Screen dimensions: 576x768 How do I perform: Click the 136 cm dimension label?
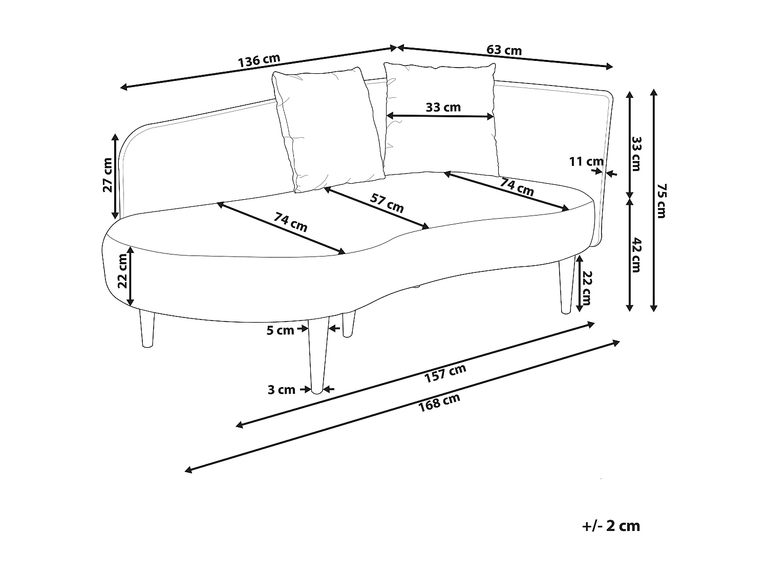click(x=259, y=60)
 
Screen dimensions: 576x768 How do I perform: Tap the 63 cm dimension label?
click(x=504, y=50)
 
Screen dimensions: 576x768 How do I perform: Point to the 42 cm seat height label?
click(x=636, y=254)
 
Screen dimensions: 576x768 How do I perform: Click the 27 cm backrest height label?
click(x=108, y=175)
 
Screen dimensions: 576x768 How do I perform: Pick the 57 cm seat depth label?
click(x=387, y=203)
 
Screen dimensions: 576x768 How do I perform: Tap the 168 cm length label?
click(x=439, y=402)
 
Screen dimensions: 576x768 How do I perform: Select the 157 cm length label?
click(x=445, y=373)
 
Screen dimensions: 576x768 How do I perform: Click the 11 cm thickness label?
click(x=586, y=162)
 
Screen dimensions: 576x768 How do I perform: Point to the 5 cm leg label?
click(x=280, y=330)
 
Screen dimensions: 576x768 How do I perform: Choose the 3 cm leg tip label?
click(x=281, y=390)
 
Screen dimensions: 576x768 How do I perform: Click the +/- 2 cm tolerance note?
click(x=611, y=526)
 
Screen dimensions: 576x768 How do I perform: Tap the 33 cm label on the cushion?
click(x=443, y=107)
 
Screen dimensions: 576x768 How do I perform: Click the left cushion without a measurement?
click(x=328, y=130)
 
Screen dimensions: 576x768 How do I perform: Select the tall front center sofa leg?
click(x=317, y=353)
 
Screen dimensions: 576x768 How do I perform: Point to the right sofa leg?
click(x=566, y=284)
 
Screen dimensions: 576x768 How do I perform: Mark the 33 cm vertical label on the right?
click(x=636, y=154)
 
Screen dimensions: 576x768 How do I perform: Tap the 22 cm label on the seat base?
click(x=122, y=271)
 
